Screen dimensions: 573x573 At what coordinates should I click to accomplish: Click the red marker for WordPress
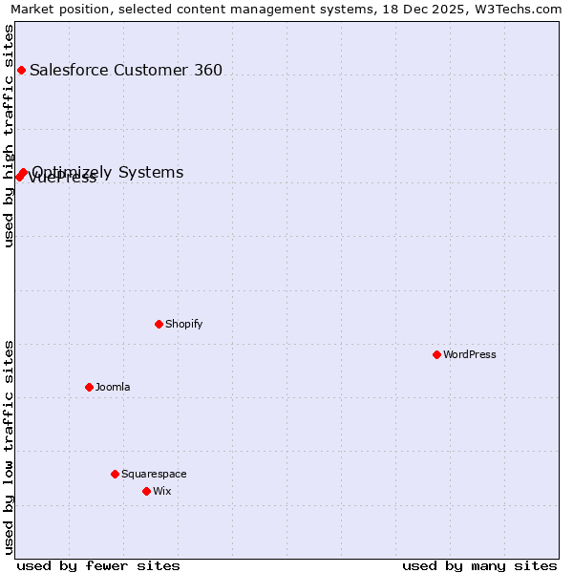pyautogui.click(x=436, y=354)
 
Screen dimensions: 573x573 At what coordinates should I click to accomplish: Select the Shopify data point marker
pyautogui.click(x=159, y=324)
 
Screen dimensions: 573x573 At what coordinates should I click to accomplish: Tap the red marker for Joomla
pyautogui.click(x=89, y=387)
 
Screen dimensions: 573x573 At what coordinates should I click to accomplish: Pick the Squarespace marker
pyautogui.click(x=115, y=474)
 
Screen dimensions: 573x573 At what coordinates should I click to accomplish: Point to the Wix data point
pyautogui.click(x=146, y=491)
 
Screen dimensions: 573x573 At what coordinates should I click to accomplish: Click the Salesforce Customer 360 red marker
pyautogui.click(x=21, y=70)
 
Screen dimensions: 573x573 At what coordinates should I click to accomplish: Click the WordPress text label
pyautogui.click(x=470, y=354)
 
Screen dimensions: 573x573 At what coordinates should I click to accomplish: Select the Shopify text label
pyautogui.click(x=184, y=324)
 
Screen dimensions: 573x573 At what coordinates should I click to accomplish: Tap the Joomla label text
pyautogui.click(x=113, y=387)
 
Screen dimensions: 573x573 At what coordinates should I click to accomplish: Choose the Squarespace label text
pyautogui.click(x=154, y=474)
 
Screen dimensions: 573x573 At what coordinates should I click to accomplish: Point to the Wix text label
pyautogui.click(x=162, y=491)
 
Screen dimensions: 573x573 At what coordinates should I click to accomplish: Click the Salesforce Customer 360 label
pyautogui.click(x=126, y=70)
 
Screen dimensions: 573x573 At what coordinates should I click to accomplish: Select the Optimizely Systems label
pyautogui.click(x=108, y=172)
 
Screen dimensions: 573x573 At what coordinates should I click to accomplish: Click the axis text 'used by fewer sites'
pyautogui.click(x=98, y=565)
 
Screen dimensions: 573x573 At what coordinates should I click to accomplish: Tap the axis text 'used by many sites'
pyautogui.click(x=479, y=565)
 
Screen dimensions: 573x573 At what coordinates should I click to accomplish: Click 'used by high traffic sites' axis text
pyautogui.click(x=10, y=136)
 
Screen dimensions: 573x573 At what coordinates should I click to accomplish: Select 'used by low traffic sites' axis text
pyautogui.click(x=10, y=447)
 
